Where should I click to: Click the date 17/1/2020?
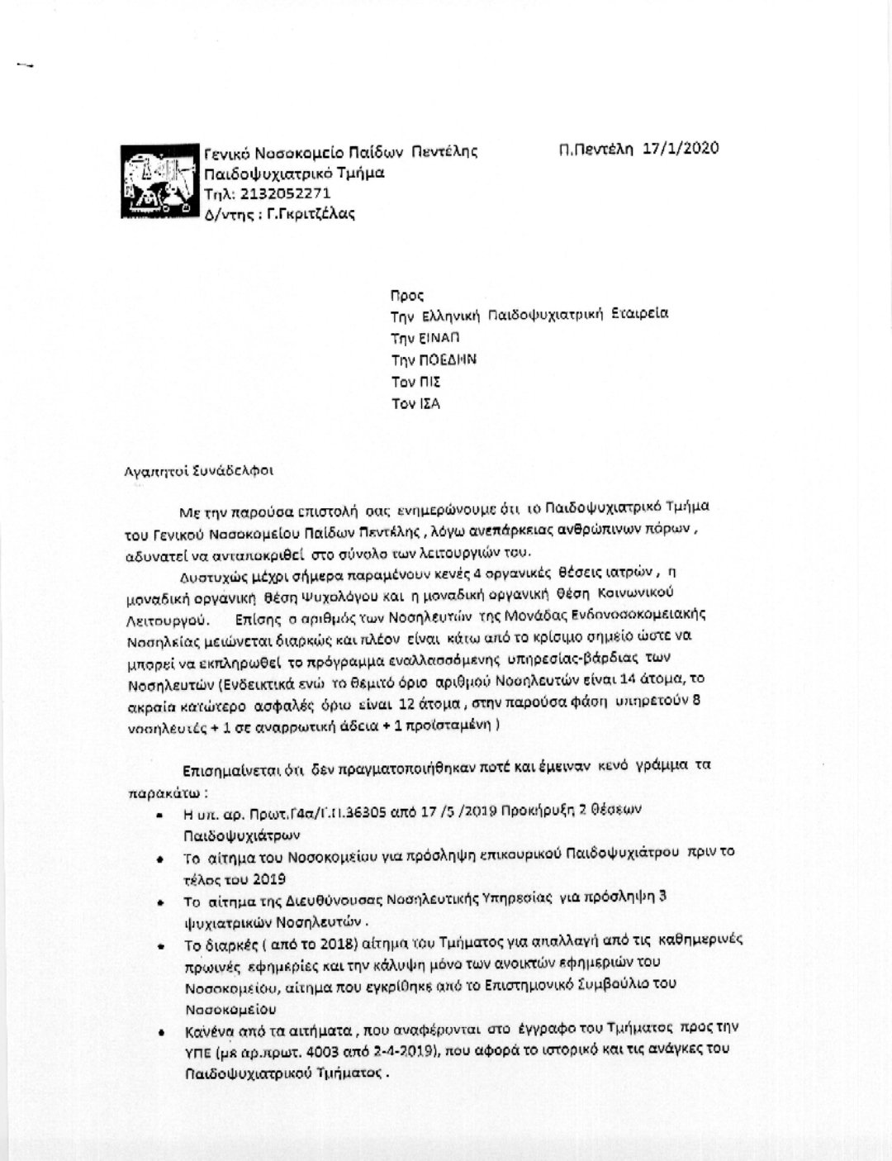680,149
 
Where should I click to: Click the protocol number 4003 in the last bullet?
347,1052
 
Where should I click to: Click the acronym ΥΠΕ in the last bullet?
198,1052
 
